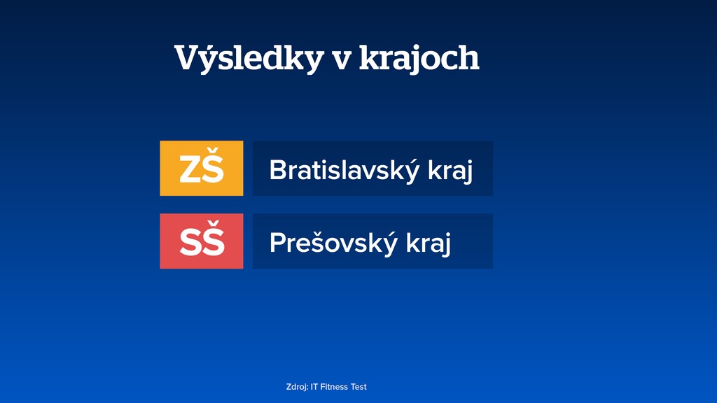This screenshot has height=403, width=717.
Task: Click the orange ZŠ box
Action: click(x=202, y=169)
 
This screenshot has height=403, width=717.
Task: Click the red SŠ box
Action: click(x=202, y=241)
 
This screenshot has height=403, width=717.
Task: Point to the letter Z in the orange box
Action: click(x=190, y=170)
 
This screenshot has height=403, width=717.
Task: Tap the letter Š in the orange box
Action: click(x=213, y=169)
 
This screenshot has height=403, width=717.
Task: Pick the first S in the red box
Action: click(x=190, y=243)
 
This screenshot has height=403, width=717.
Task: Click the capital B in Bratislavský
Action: click(x=277, y=170)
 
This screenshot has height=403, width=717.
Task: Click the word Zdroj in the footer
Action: click(x=297, y=387)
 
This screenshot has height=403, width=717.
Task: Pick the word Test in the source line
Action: click(x=358, y=387)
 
